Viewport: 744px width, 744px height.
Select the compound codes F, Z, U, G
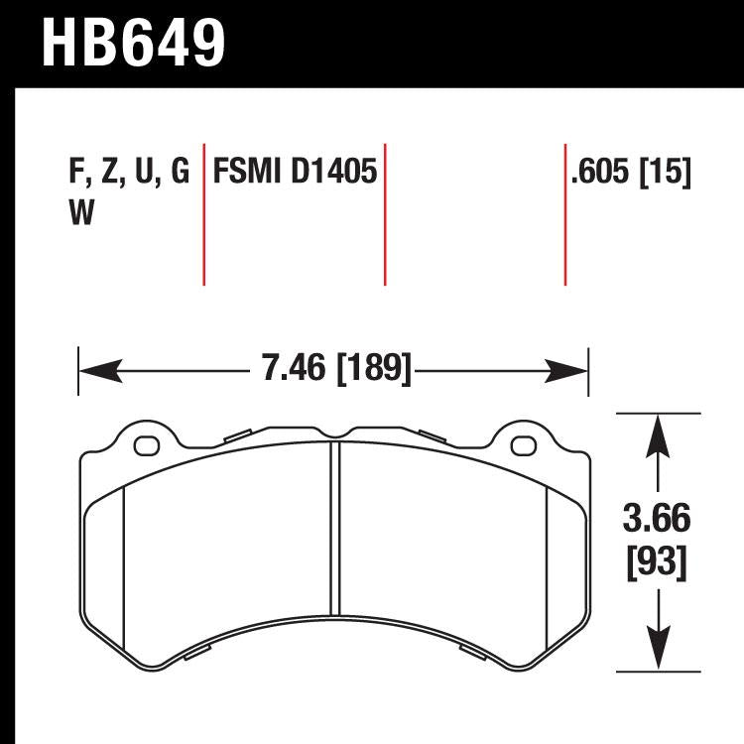(128, 173)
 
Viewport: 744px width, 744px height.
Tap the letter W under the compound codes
(82, 214)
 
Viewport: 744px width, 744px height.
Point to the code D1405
(334, 173)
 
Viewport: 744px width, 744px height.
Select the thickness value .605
(600, 173)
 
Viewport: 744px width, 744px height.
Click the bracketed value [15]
(666, 173)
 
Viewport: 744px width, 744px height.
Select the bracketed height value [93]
(656, 562)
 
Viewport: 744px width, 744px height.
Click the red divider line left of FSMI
(203, 214)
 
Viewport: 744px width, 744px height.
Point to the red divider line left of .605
(564, 214)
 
